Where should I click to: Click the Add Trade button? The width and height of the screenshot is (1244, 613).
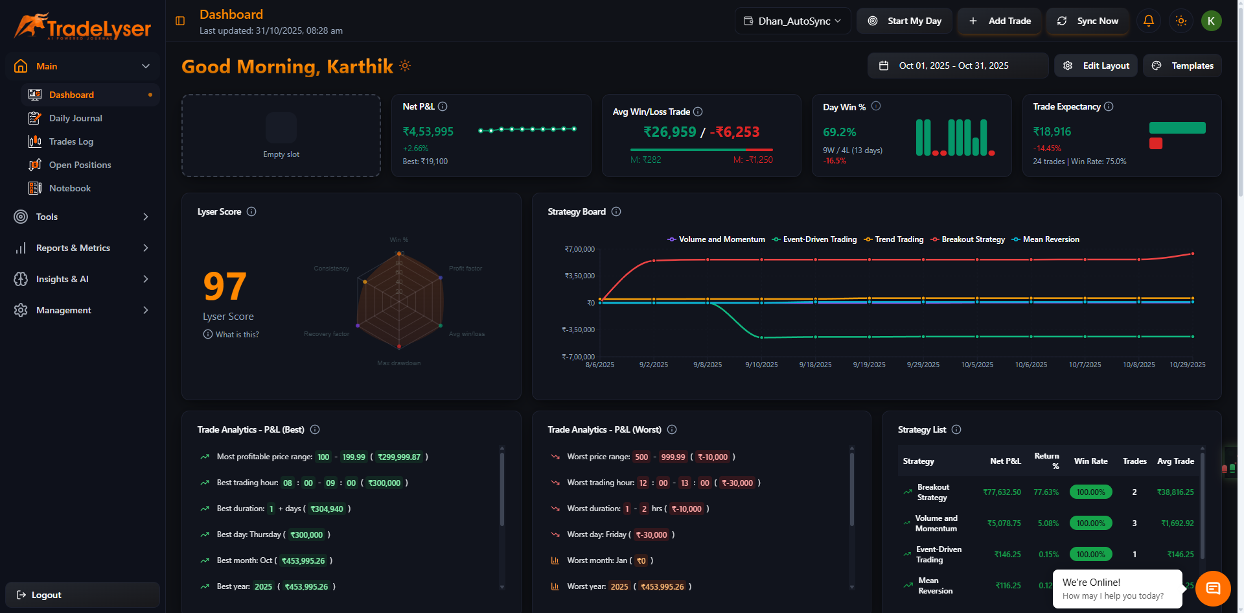pyautogui.click(x=1000, y=21)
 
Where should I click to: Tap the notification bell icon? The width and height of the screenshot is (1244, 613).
pyautogui.click(x=1148, y=21)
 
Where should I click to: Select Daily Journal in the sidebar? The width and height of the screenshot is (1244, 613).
pyautogui.click(x=75, y=118)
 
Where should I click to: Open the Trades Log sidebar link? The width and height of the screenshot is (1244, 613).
pyautogui.click(x=71, y=141)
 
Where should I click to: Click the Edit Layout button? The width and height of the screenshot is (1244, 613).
pyautogui.click(x=1096, y=66)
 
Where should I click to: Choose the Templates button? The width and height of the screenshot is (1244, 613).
pyautogui.click(x=1182, y=66)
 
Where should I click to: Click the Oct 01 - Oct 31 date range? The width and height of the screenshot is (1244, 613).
pyautogui.click(x=953, y=66)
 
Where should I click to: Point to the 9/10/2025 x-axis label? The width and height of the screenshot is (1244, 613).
pyautogui.click(x=761, y=365)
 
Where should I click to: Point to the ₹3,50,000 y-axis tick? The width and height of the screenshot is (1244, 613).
pyautogui.click(x=579, y=276)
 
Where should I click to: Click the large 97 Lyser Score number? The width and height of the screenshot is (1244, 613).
pyautogui.click(x=225, y=287)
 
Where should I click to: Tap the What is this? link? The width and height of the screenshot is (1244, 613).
pyautogui.click(x=236, y=335)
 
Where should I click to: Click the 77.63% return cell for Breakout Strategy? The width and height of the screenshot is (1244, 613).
pyautogui.click(x=1046, y=492)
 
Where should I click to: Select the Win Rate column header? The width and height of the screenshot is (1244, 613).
pyautogui.click(x=1090, y=461)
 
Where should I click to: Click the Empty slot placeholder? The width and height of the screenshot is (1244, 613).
pyautogui.click(x=281, y=136)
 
